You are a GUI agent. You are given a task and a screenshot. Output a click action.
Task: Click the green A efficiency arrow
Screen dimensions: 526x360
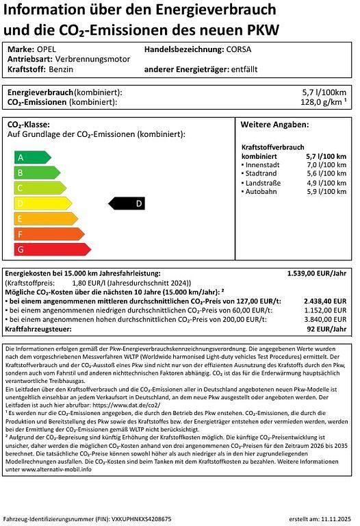point(31,158)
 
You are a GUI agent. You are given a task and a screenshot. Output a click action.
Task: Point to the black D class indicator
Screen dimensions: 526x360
point(127,203)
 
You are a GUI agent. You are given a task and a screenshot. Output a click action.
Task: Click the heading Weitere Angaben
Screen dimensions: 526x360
point(275,125)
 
